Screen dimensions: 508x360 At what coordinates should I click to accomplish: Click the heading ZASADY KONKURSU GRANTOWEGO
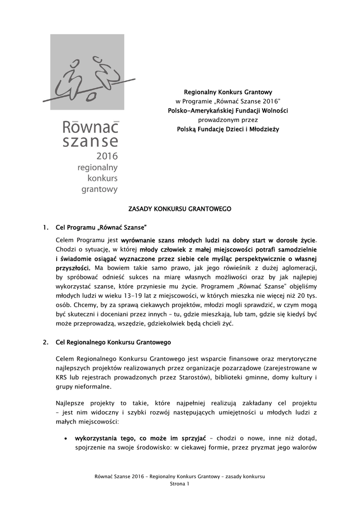[x=180, y=210]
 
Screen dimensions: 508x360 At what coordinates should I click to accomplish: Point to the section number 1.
[x=45, y=228]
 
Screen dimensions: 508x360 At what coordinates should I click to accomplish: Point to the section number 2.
[x=45, y=342]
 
